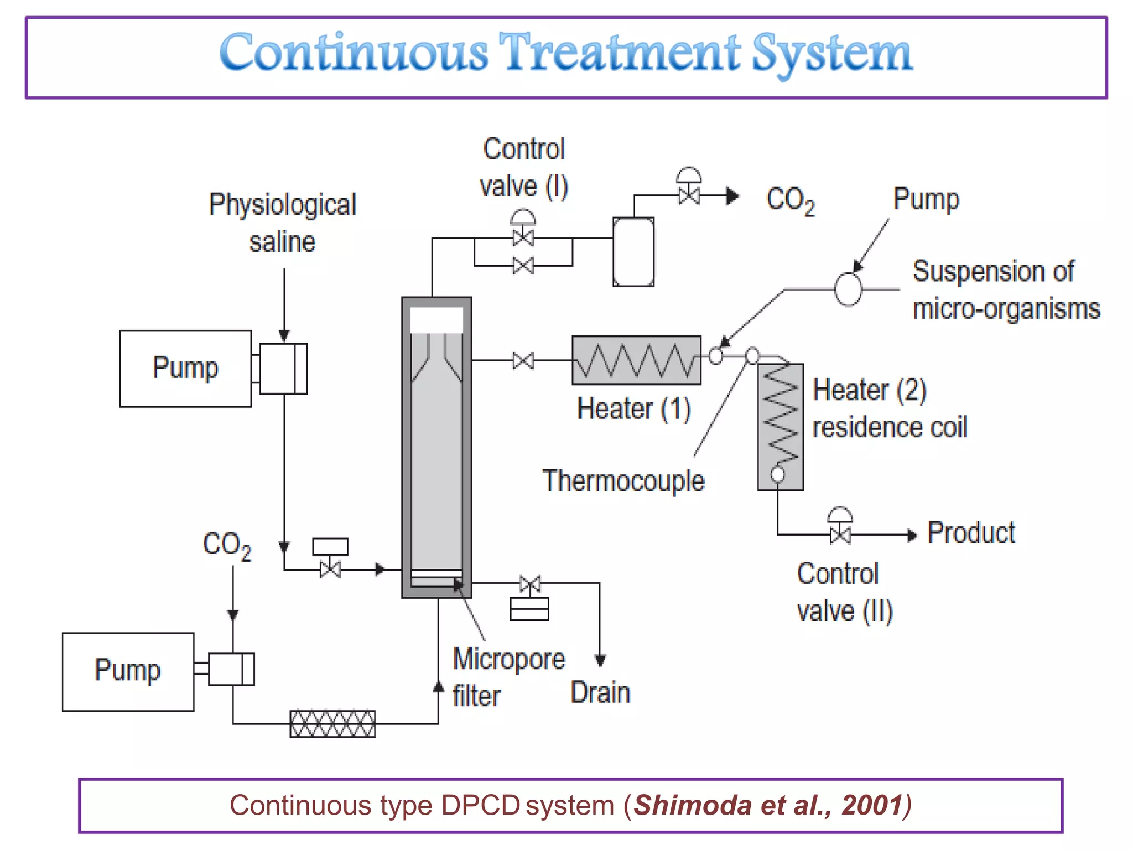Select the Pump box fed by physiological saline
(185, 369)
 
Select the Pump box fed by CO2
(128, 671)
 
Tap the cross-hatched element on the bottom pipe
(332, 724)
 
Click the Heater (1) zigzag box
(636, 360)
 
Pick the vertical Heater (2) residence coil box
(780, 427)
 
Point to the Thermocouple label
(623, 480)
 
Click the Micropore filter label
(507, 676)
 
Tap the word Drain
(600, 692)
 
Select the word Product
(971, 533)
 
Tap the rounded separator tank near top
(633, 252)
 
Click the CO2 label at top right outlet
(789, 200)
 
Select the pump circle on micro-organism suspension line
(848, 289)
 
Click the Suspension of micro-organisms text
(1005, 290)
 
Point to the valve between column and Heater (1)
(523, 361)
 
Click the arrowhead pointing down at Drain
(600, 660)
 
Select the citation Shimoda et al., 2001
(769, 805)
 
